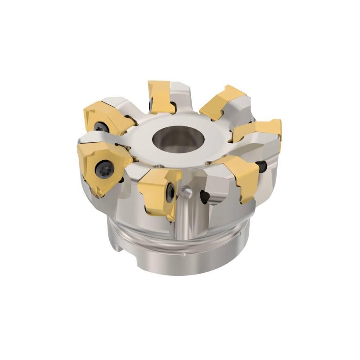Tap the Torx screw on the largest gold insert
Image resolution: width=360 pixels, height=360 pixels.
(101, 169)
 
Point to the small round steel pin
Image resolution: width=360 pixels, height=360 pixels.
(187, 192)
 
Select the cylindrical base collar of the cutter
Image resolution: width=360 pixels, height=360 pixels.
(189, 252)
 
